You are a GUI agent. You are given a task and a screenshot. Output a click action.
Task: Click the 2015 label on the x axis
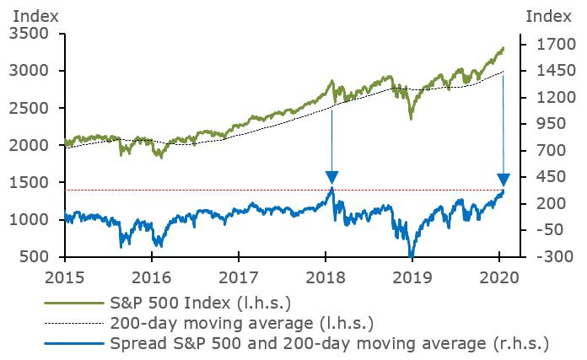[64, 277]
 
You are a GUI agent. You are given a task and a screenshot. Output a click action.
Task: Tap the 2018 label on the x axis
[323, 277]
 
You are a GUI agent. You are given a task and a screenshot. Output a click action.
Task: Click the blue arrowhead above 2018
[331, 178]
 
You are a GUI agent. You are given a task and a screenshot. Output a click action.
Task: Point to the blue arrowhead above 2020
[504, 179]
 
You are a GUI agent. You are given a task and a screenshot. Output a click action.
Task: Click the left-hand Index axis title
[31, 14]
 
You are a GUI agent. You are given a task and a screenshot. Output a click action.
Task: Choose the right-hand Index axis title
[547, 14]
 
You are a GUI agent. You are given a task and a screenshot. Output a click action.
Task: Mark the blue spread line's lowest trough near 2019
[411, 255]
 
